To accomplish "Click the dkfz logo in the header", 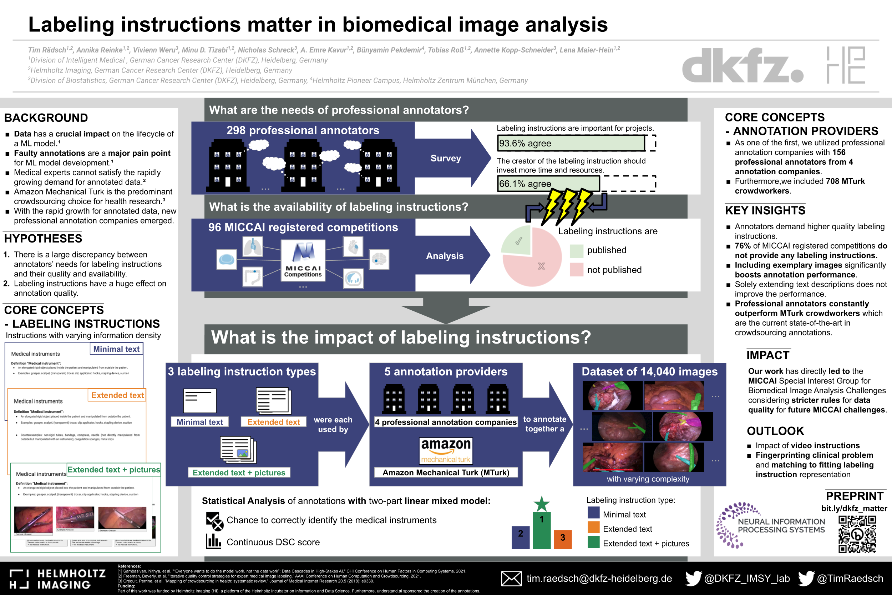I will (742, 65).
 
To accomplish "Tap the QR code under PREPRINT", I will (857, 534).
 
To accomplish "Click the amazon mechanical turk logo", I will (446, 451).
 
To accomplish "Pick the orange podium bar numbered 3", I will (563, 539).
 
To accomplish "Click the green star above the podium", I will (541, 504).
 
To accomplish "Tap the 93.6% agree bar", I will (571, 144).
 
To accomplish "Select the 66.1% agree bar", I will (548, 184).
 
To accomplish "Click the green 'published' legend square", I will (576, 250).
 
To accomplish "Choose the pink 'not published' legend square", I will (576, 270).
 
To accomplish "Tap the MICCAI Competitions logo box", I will (303, 260).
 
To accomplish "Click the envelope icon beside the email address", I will (511, 579).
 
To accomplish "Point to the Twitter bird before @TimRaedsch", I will (806, 578).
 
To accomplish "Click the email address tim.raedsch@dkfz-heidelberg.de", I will (599, 579).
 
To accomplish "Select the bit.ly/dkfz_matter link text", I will (854, 509).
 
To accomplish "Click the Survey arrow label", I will (445, 158).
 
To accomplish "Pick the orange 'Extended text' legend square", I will (593, 528).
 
